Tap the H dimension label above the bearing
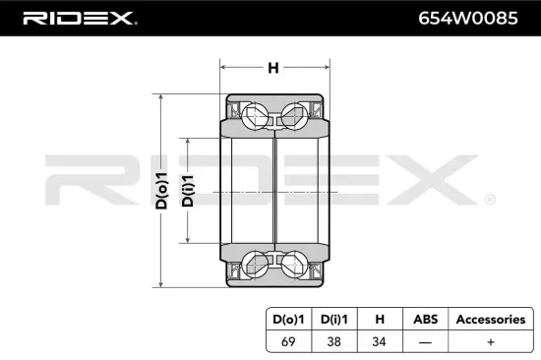pos(273,69)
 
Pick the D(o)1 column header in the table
pos(289,320)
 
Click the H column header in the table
pos(377,320)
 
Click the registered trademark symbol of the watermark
pos(489,200)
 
